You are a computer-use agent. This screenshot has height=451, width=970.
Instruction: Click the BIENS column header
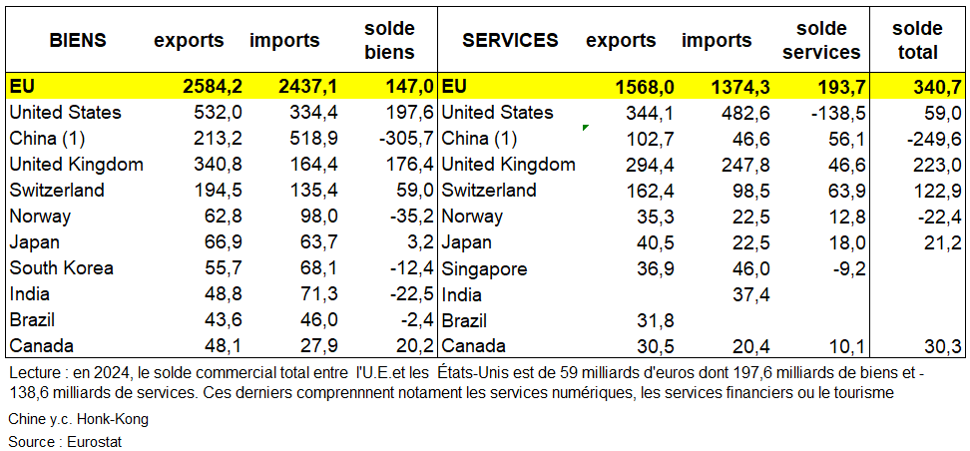[x=78, y=41]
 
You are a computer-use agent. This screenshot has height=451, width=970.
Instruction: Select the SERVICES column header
[x=510, y=41]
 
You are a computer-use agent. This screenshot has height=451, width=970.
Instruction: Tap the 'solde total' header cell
[x=917, y=41]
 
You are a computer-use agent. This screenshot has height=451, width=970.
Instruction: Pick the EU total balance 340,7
[x=937, y=87]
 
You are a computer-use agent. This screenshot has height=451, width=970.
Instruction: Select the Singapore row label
[x=484, y=268]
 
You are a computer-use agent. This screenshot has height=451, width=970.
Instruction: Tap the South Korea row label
[x=61, y=268]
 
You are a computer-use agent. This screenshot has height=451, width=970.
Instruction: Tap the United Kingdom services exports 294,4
[x=637, y=165]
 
